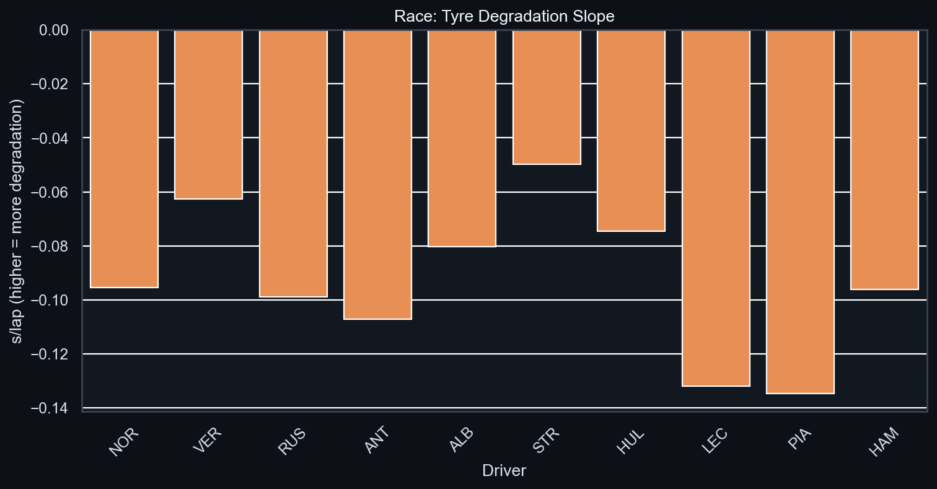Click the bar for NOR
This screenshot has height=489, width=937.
tap(124, 159)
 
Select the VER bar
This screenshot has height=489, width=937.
tap(209, 114)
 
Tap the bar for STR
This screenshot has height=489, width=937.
tap(547, 97)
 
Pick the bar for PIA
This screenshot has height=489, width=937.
tap(800, 211)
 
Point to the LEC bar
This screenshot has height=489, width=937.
tap(716, 208)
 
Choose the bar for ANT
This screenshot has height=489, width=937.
tap(377, 174)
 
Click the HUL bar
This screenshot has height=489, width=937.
tap(631, 130)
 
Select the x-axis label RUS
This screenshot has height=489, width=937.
tap(291, 441)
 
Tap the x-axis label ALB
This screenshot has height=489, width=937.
tap(460, 441)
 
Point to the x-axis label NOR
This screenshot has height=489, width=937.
tap(123, 441)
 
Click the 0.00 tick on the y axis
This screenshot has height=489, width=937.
tap(57, 30)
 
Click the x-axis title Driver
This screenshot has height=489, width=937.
tap(504, 471)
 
